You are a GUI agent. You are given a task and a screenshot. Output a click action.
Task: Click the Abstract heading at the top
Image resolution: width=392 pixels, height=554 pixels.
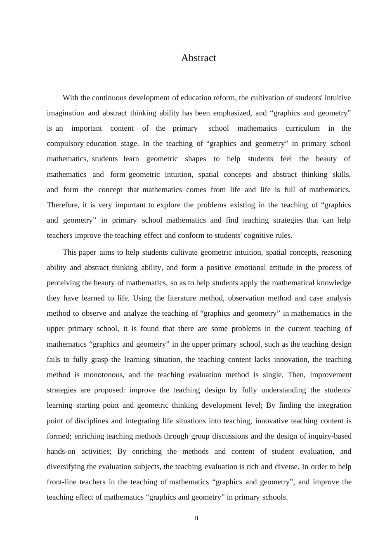tap(198, 58)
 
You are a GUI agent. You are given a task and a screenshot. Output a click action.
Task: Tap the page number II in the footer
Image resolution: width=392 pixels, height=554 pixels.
tap(196, 519)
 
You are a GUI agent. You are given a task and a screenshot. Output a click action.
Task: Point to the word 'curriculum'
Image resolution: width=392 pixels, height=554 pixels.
tap(302, 129)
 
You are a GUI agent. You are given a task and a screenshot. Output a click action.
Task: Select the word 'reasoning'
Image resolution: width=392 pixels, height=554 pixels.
tap(336, 253)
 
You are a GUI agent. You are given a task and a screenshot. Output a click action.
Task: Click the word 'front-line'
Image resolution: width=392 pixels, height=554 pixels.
tap(61, 482)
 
